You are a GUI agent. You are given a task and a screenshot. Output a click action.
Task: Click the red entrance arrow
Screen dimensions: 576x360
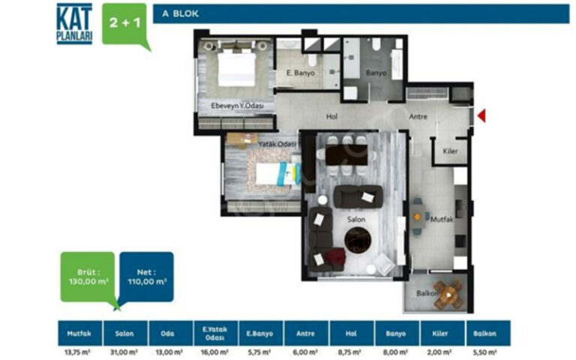coord(482,115)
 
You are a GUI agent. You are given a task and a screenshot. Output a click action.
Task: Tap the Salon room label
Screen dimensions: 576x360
coord(356,219)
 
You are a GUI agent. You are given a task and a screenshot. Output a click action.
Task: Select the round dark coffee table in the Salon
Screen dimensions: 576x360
coord(358,240)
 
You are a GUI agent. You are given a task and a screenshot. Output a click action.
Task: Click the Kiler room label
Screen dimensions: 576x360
coord(450,151)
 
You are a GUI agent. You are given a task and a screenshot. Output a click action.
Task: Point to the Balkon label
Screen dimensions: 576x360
coord(427,293)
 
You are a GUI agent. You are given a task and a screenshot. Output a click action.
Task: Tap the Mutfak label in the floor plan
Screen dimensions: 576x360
coord(442,219)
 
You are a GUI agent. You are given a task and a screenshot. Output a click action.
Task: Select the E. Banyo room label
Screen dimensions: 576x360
coord(301,73)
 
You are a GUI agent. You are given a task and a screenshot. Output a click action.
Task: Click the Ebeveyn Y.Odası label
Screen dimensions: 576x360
coord(237,106)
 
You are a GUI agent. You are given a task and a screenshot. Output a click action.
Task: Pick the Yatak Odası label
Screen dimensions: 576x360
coord(277,144)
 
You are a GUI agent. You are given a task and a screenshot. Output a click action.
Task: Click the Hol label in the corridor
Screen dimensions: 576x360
coord(331,116)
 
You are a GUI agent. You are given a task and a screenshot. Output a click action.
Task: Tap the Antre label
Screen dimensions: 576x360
coord(418,116)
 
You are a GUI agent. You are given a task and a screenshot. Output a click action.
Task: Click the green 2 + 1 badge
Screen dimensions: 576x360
coord(125,24)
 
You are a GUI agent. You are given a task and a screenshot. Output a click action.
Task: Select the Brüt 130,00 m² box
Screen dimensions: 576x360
coord(88,277)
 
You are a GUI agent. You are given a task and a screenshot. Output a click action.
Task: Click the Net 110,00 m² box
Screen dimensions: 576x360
coord(147,277)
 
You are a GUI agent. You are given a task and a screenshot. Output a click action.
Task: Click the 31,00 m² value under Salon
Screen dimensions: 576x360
coord(124,352)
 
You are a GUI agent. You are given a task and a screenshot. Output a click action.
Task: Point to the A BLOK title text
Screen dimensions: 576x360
coord(180,13)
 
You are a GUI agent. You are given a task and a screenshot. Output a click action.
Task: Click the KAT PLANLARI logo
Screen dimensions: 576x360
coord(74,23)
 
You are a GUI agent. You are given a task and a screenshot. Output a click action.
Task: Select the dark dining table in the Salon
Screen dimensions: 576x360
coord(346,154)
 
